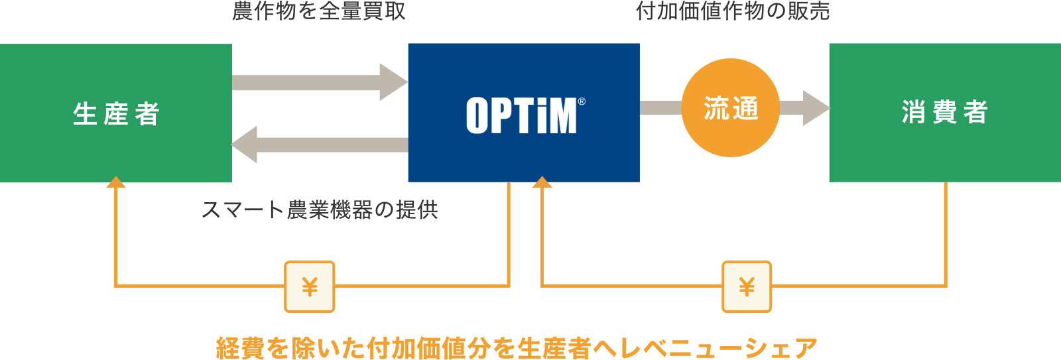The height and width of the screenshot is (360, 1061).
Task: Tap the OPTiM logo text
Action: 521,116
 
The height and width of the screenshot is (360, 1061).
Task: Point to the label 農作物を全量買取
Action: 318,11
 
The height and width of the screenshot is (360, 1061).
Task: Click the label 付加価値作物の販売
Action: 733,11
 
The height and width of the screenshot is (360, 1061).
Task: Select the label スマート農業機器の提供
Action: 320,210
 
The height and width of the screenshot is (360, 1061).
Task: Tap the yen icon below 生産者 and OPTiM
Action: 310,286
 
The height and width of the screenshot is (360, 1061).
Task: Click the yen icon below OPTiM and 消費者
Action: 747,286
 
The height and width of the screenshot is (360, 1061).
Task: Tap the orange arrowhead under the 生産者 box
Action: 116,182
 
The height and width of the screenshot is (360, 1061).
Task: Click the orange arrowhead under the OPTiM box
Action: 542,182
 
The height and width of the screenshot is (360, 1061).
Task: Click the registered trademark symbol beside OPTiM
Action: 582,101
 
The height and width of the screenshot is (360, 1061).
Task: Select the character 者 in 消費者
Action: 975,112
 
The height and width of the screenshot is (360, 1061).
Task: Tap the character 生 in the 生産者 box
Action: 85,114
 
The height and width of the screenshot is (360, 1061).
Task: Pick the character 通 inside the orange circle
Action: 746,108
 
